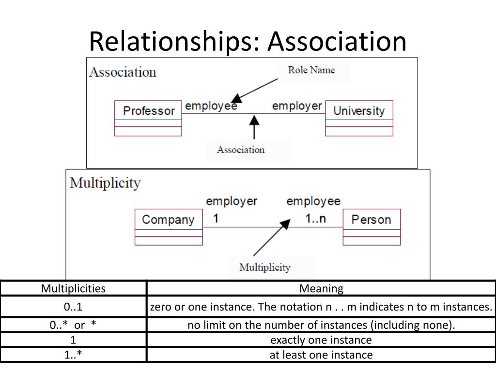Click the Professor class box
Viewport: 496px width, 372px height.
coord(148,118)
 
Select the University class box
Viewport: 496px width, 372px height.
coord(359,118)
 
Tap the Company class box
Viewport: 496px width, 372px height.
coord(169,227)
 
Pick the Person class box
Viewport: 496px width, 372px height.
coord(372,227)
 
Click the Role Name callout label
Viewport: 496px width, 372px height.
coord(311,70)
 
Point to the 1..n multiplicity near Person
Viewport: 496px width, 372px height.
coord(315,218)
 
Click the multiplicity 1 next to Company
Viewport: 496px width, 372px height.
coord(216,218)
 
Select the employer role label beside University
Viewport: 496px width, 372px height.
coord(297,106)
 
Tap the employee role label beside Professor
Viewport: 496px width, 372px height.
coord(211,106)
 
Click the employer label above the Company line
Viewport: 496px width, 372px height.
coord(232,201)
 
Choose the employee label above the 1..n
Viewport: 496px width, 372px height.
coord(313,201)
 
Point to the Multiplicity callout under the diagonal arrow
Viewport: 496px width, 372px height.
coord(265,267)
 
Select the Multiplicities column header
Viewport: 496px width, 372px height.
coord(74,289)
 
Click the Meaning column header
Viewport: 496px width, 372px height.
coord(321,289)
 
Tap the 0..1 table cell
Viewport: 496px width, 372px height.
coord(73,307)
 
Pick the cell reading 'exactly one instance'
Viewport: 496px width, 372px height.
coord(321,340)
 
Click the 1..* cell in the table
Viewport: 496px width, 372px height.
coord(73,355)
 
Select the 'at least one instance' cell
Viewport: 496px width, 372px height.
coord(321,355)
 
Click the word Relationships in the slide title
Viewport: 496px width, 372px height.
coord(174,41)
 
